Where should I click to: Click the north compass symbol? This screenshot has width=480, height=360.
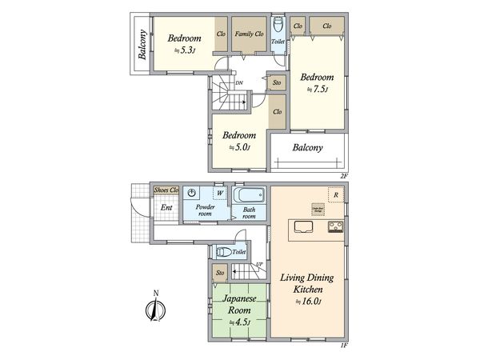click(x=153, y=308)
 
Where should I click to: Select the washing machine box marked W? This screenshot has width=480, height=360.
click(x=219, y=193)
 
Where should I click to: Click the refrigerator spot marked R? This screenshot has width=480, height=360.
click(x=338, y=194)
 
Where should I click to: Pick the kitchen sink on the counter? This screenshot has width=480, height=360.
click(x=305, y=226)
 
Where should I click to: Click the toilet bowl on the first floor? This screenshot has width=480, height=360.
click(x=225, y=251)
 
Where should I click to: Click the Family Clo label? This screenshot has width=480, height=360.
click(x=250, y=34)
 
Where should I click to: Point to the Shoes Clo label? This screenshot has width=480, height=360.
click(x=166, y=190)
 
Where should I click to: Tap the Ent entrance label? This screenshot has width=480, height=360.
click(x=166, y=209)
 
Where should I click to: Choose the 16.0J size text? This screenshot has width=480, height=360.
click(x=308, y=302)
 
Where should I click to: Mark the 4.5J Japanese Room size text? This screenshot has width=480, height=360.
click(x=241, y=322)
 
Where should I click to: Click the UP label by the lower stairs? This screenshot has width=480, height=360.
click(x=260, y=264)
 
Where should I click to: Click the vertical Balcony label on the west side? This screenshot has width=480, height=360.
click(x=142, y=45)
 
